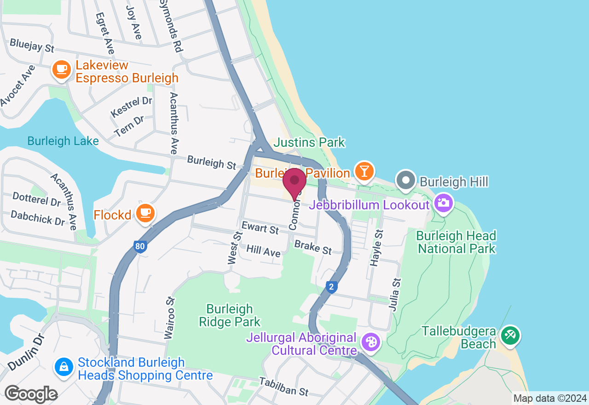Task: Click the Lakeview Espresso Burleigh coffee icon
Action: pos(61,70)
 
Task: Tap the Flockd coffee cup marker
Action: pos(145,213)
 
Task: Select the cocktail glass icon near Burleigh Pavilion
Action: pos(364,172)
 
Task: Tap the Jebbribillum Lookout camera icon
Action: pos(443,203)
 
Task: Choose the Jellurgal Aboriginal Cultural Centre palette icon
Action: pos(370,342)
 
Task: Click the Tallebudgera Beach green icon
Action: pos(510,335)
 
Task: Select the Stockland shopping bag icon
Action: pos(64,367)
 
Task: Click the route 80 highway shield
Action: pos(140,247)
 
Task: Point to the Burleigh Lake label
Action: pos(63,141)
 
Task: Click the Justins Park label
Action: pos(309,143)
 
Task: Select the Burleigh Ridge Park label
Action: pos(230,315)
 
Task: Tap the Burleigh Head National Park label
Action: pos(456,243)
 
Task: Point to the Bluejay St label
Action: pos(32,45)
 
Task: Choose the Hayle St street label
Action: pos(376,248)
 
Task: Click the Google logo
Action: pos(31,394)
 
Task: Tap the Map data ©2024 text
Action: pos(550,398)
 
